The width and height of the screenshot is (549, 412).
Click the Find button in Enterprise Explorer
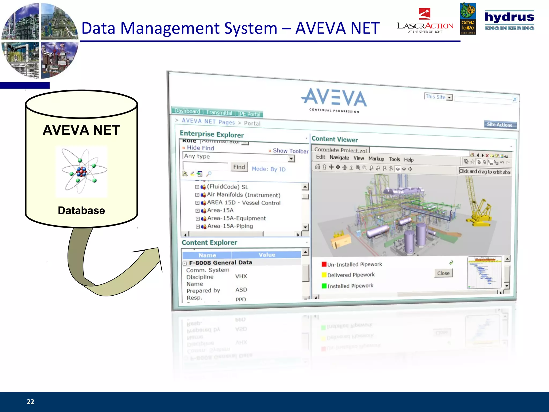point(239,167)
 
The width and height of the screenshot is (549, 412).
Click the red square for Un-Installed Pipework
point(324,264)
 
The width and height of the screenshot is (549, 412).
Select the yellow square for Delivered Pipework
point(324,275)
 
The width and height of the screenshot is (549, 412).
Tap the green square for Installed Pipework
point(324,286)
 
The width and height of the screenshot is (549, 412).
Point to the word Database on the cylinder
point(81,211)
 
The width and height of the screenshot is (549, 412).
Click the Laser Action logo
point(425,21)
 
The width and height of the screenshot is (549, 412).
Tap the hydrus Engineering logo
point(509,21)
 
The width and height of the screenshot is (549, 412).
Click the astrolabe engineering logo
point(468,19)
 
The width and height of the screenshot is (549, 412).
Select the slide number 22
point(30,402)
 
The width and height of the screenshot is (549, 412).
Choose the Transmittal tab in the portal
point(219,113)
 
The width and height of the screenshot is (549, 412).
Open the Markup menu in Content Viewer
point(376,159)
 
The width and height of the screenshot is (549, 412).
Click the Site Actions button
point(500,125)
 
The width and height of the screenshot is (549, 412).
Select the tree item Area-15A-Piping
point(230,226)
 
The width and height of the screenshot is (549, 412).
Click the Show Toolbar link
point(290,151)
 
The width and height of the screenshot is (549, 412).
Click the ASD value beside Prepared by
point(241,290)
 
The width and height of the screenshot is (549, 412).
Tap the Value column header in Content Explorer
point(267,255)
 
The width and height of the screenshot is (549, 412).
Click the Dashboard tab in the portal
point(187,111)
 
